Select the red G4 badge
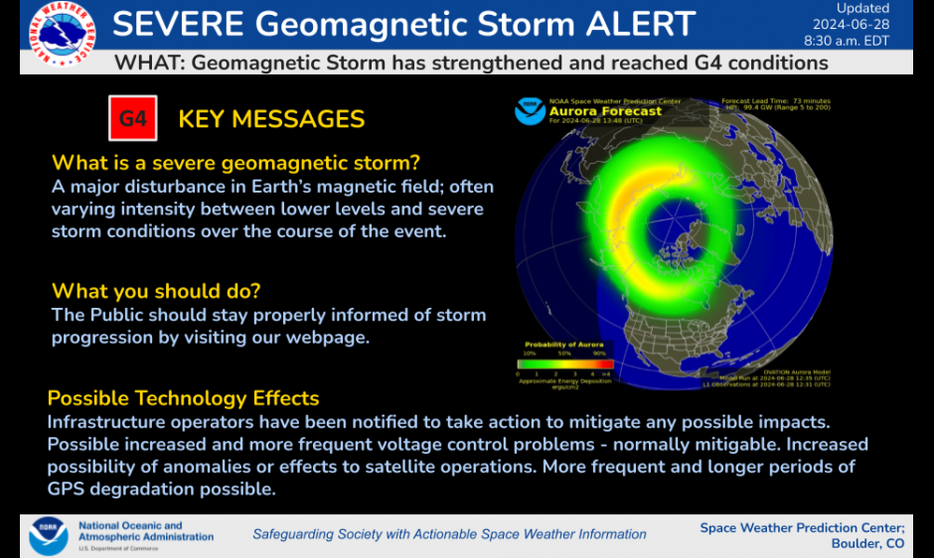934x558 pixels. pyautogui.click(x=133, y=119)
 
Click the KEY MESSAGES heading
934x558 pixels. pyautogui.click(x=271, y=120)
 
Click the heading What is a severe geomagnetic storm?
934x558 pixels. pyautogui.click(x=235, y=163)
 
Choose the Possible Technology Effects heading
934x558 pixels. pyautogui.click(x=183, y=398)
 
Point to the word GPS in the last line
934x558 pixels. pyautogui.click(x=66, y=488)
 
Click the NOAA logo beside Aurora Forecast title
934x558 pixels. pyautogui.click(x=530, y=110)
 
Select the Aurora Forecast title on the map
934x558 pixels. pyautogui.click(x=605, y=111)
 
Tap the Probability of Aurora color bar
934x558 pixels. pyautogui.click(x=565, y=363)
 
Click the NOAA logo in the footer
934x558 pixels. pyautogui.click(x=48, y=535)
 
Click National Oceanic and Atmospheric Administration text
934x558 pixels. pyautogui.click(x=145, y=531)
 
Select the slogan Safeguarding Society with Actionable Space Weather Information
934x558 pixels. pyautogui.click(x=449, y=534)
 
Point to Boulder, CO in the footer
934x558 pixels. pyautogui.click(x=867, y=543)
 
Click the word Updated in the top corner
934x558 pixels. pyautogui.click(x=862, y=8)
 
